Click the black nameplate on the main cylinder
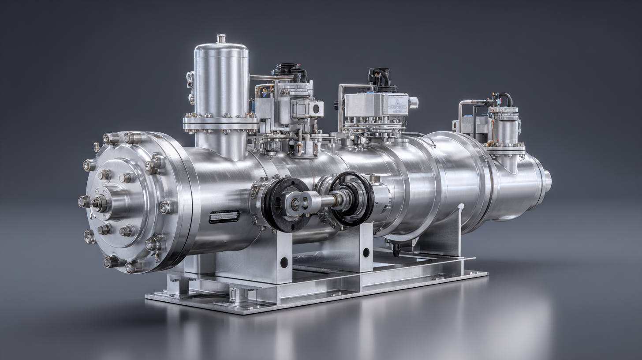pos(224,216)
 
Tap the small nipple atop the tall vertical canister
pos(221,38)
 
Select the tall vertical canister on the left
pos(221,79)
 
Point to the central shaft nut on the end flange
pos(98,203)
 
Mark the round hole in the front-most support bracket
pos(284,262)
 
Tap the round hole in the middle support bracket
pos(366,252)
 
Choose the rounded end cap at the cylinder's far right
pos(547,180)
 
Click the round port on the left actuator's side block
pos(316,109)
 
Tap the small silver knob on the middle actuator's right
pos(414,103)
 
